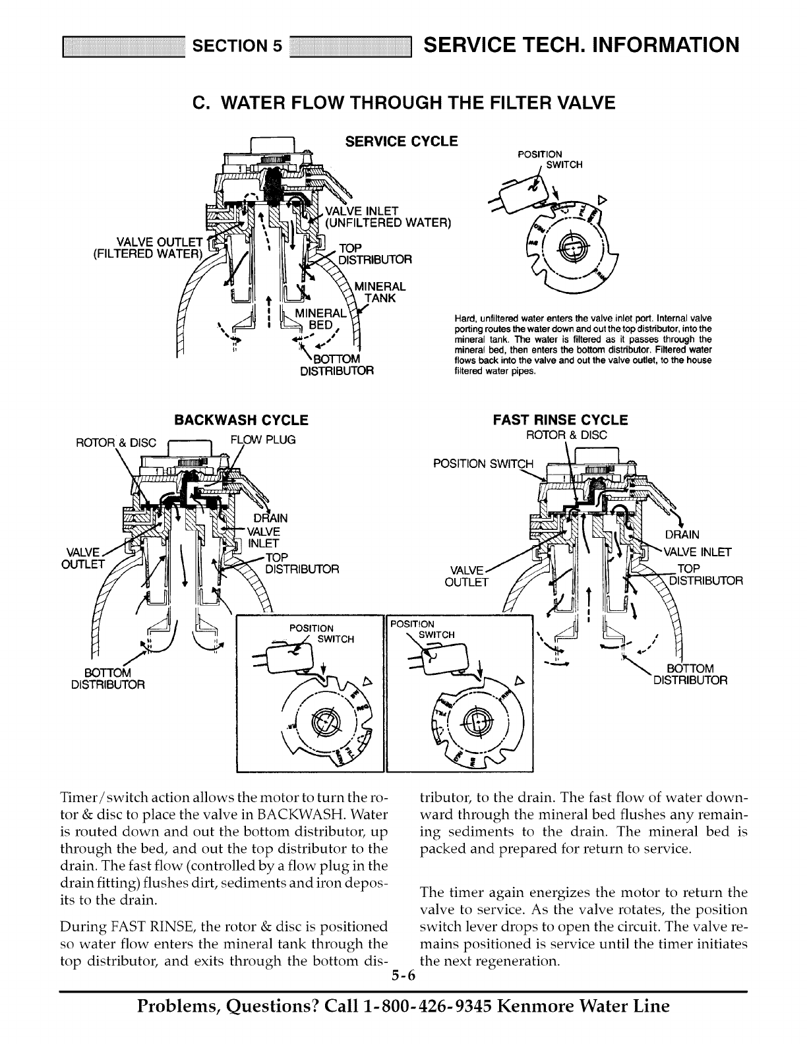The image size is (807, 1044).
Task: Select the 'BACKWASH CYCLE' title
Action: coord(241,420)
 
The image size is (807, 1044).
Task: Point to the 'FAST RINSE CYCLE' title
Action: coord(561,420)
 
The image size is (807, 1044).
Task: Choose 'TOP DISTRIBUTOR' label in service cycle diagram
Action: coord(374,253)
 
